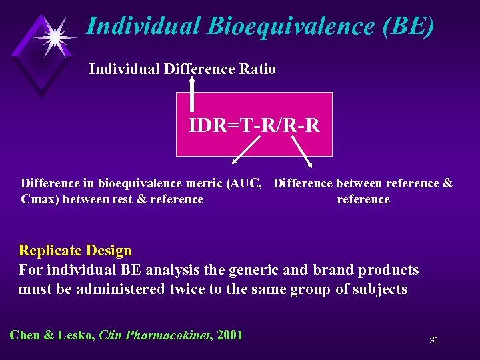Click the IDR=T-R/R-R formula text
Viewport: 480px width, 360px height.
(x=254, y=125)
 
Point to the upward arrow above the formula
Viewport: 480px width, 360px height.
(x=193, y=93)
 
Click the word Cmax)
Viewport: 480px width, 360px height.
(x=40, y=199)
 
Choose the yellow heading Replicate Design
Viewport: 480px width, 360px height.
(x=75, y=251)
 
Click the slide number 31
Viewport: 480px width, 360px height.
(x=434, y=341)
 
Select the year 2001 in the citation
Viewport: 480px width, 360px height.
(x=229, y=335)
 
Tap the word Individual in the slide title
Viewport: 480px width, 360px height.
(x=143, y=26)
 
